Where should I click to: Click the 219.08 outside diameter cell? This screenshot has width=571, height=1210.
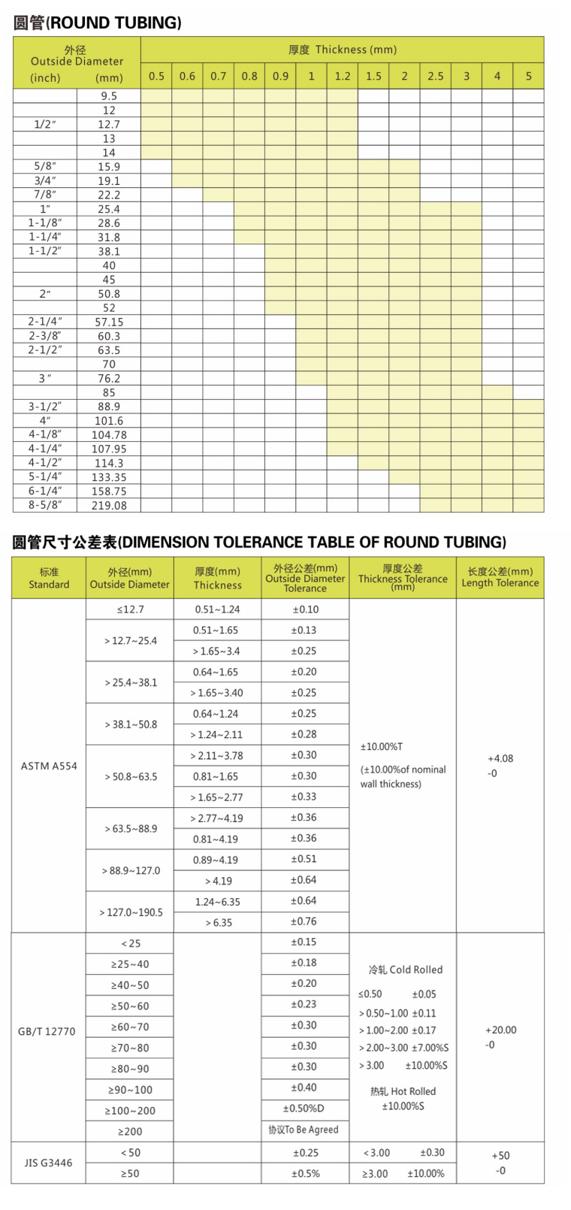[x=109, y=506]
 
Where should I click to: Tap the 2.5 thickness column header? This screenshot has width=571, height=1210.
[x=436, y=76]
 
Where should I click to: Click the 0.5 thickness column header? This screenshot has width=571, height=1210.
[x=156, y=76]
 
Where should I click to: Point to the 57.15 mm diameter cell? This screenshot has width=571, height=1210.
[x=109, y=322]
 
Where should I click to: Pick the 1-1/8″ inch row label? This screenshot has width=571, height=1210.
[x=45, y=223]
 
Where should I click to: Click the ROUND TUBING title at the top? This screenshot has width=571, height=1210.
[x=98, y=23]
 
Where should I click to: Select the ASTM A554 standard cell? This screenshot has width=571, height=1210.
[x=49, y=766]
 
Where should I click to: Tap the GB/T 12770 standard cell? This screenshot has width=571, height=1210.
[x=47, y=1031]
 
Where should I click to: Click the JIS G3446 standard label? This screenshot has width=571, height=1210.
[x=49, y=1163]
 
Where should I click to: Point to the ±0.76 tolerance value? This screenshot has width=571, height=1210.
[x=304, y=921]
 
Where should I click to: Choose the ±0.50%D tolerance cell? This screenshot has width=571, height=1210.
[x=304, y=1109]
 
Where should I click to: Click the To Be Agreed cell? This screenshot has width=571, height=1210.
[x=304, y=1130]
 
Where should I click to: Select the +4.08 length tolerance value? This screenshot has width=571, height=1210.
[x=500, y=758]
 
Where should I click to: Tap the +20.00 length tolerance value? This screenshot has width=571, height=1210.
[x=500, y=1030]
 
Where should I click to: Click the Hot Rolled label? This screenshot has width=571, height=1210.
[x=403, y=1091]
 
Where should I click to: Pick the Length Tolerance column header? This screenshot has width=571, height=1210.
[x=500, y=577]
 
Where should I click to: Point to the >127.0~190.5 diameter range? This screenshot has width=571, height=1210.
[x=131, y=912]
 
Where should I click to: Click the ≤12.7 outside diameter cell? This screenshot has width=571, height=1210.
[x=131, y=610]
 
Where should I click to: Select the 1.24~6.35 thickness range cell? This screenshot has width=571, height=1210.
[x=217, y=902]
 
